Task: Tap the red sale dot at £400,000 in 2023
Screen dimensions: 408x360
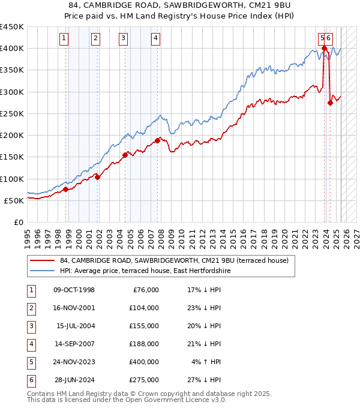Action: coord(324,49)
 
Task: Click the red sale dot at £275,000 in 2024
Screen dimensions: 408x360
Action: coord(330,103)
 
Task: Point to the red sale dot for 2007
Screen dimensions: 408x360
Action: coord(158,140)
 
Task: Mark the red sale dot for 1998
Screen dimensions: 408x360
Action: coord(66,189)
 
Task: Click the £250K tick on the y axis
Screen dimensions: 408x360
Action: coord(12,113)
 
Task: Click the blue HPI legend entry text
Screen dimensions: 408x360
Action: coord(145,271)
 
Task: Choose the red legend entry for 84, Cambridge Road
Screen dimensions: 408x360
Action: coord(174,260)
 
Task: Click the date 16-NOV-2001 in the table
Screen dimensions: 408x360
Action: coord(74,308)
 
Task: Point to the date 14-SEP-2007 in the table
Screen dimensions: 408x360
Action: coord(74,344)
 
